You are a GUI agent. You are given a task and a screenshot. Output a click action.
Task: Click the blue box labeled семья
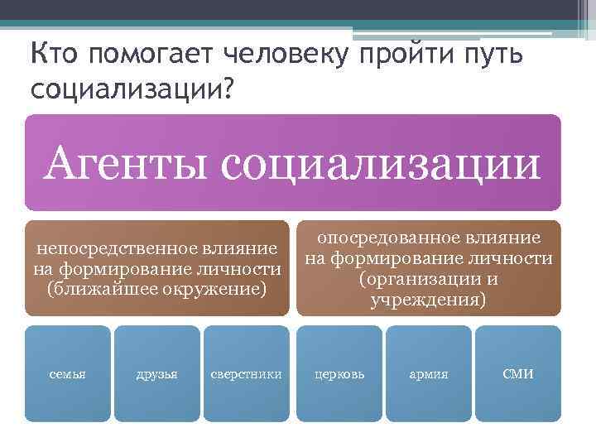tap(67, 374)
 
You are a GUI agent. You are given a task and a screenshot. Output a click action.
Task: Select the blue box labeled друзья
tap(156, 374)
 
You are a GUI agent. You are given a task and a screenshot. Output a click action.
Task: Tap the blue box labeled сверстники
tap(246, 374)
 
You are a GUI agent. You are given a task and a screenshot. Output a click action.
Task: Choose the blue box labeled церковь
tap(339, 374)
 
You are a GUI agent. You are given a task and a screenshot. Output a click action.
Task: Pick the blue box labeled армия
tap(428, 374)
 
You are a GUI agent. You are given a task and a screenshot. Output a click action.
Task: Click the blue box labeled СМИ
tap(518, 374)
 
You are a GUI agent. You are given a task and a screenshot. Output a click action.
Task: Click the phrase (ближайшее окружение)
tap(157, 289)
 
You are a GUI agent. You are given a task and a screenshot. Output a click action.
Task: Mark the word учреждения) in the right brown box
tap(429, 300)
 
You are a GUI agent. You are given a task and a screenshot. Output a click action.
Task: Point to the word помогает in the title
tap(152, 55)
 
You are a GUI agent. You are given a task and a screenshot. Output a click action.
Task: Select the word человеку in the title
tap(290, 55)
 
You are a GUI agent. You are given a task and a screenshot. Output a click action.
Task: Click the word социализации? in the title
tap(132, 89)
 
